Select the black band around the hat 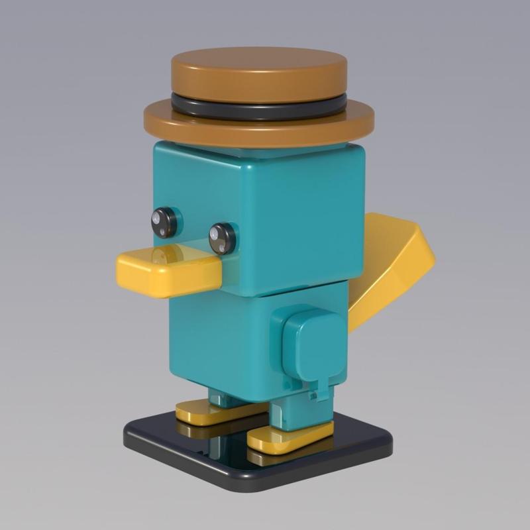[x=258, y=107]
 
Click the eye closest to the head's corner [x=223, y=238]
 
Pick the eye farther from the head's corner [x=164, y=222]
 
